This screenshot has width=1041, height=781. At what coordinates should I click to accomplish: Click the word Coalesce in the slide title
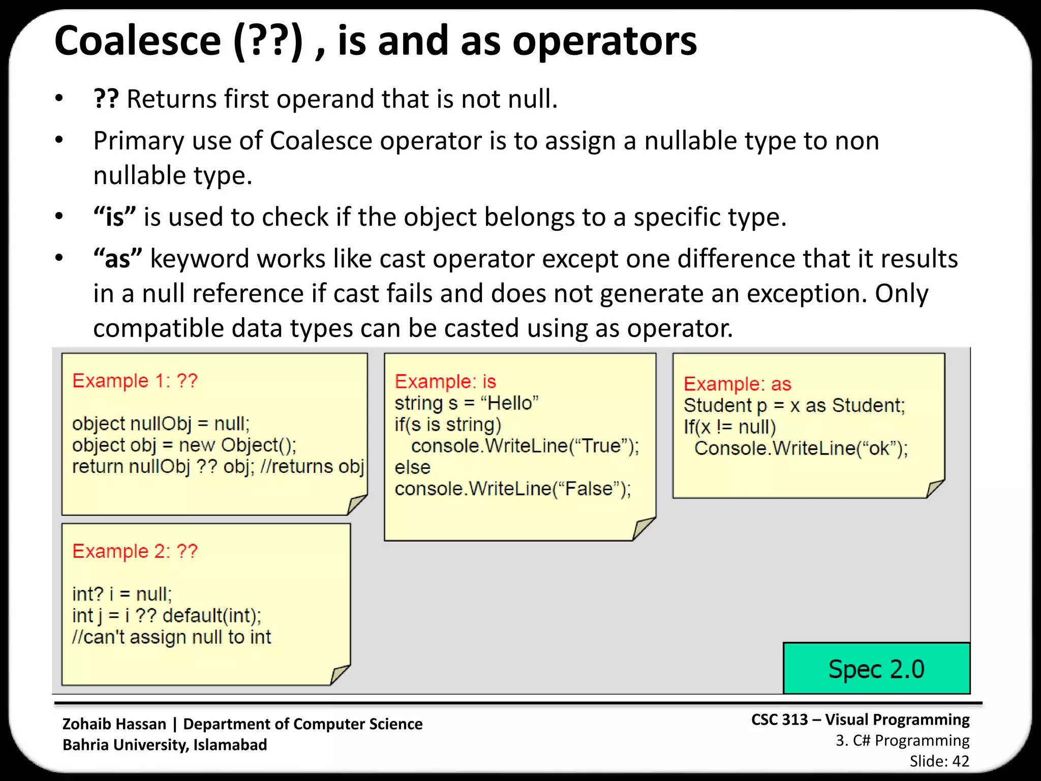click(x=138, y=42)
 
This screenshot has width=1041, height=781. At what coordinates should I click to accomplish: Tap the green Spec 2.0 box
click(x=876, y=669)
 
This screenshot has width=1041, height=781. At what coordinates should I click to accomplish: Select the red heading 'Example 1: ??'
click(x=135, y=381)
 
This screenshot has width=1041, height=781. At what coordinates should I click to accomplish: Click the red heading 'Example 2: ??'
click(x=135, y=551)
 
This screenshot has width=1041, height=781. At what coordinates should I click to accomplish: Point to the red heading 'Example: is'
click(x=445, y=381)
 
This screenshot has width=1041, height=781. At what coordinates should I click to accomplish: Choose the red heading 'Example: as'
click(x=737, y=384)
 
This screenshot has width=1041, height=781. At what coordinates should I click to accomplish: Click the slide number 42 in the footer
click(x=960, y=761)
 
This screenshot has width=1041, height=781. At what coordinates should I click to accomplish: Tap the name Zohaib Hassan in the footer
click(x=114, y=724)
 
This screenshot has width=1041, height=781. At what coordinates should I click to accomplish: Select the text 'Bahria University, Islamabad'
click(x=165, y=745)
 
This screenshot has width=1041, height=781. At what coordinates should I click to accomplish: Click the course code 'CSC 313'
click(x=779, y=719)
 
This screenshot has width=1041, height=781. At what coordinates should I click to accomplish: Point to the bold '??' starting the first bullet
click(x=106, y=99)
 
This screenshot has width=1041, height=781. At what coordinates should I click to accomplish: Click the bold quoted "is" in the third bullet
click(x=114, y=217)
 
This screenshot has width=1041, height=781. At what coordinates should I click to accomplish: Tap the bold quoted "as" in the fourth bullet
click(x=117, y=259)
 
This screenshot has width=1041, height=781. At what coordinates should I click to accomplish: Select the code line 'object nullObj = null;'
click(x=161, y=424)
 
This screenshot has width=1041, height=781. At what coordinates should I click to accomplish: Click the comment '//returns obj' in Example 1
click(x=312, y=466)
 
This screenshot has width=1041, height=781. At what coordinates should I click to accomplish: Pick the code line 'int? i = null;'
click(x=122, y=594)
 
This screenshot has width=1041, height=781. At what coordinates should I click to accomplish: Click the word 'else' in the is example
click(x=412, y=467)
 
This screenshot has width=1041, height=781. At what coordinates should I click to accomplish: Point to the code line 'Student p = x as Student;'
click(x=794, y=405)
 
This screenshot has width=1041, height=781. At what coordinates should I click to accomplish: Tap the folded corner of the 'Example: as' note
click(x=935, y=489)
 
